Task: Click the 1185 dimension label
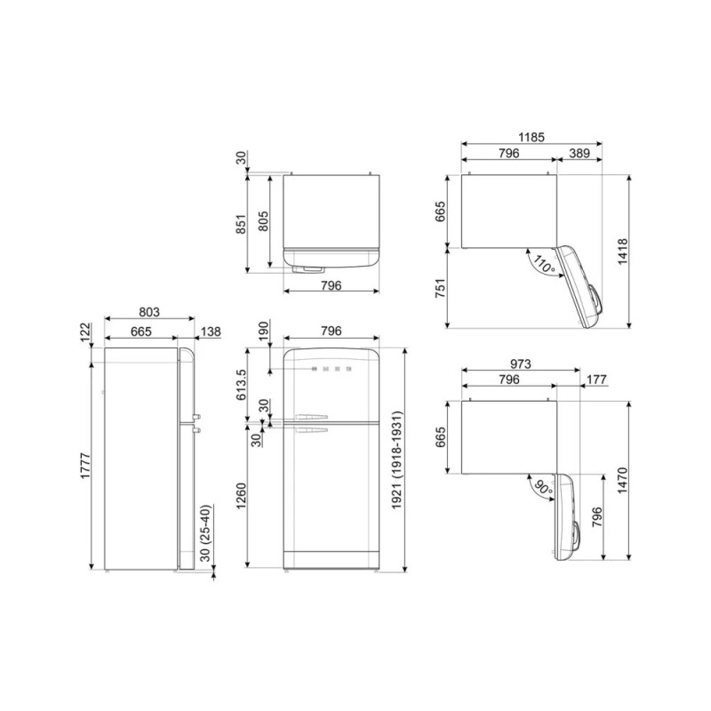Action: pos(531,137)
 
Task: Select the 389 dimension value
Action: pos(579,153)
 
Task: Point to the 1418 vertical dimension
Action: pos(623,252)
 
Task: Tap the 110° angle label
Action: pos(544,264)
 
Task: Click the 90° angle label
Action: pos(544,488)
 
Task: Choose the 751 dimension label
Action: pos(440,288)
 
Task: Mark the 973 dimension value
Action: pos(520,363)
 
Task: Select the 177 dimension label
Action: pos(596,379)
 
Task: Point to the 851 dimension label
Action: pos(241,224)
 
